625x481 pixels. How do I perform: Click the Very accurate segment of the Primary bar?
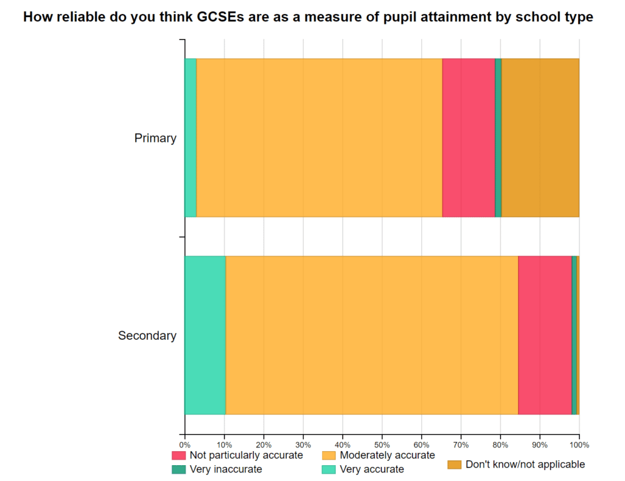pyautogui.click(x=190, y=138)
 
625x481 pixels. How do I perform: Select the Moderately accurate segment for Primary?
pyautogui.click(x=319, y=138)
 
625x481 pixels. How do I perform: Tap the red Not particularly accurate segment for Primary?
pyautogui.click(x=468, y=138)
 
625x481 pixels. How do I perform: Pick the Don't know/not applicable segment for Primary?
pyautogui.click(x=540, y=138)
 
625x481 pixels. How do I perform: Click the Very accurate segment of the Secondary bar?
pyautogui.click(x=205, y=335)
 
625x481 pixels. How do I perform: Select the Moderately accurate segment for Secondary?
pyautogui.click(x=372, y=335)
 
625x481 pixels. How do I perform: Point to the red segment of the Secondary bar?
pyautogui.click(x=544, y=335)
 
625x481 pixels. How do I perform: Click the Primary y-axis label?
pyautogui.click(x=155, y=138)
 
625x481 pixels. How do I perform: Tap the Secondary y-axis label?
pyautogui.click(x=147, y=336)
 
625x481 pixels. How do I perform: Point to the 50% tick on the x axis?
pyautogui.click(x=382, y=444)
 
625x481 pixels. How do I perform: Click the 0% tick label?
pyautogui.click(x=184, y=444)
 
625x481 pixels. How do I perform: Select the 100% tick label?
pyautogui.click(x=579, y=444)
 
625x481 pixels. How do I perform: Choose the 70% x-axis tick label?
pyautogui.click(x=461, y=444)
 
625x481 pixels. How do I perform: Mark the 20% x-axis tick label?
pyautogui.click(x=264, y=444)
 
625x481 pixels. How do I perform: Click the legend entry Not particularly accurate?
pyautogui.click(x=246, y=455)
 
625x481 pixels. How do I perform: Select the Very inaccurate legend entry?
pyautogui.click(x=226, y=469)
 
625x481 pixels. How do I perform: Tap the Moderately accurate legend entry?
pyautogui.click(x=387, y=455)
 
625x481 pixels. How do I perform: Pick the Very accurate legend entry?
pyautogui.click(x=372, y=469)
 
